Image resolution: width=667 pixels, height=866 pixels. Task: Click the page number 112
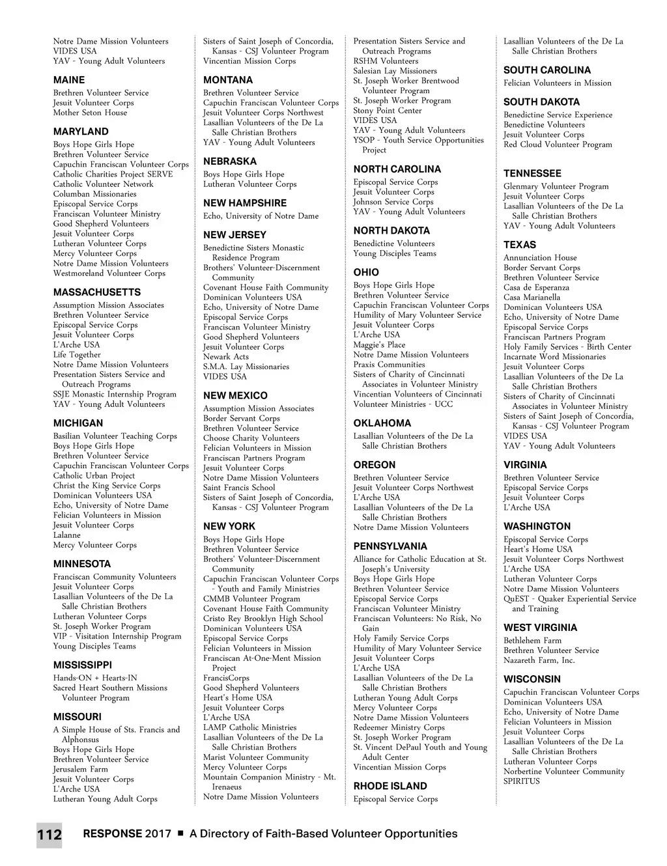(x=50, y=834)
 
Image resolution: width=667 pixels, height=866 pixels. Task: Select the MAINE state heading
(x=69, y=80)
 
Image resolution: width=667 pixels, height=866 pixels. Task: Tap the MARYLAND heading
(x=81, y=132)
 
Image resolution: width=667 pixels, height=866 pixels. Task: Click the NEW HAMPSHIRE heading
(x=245, y=203)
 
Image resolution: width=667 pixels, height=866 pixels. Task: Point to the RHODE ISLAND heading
(x=390, y=786)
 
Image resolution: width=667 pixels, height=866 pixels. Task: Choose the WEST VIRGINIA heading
(x=540, y=628)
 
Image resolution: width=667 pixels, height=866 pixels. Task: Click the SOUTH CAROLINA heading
(x=547, y=70)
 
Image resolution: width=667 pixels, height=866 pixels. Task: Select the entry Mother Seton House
(x=91, y=113)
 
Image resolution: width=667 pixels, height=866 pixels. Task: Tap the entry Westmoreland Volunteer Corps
(x=109, y=273)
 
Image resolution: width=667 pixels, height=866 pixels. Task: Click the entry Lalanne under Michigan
(x=67, y=535)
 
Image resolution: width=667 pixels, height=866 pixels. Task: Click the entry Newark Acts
(x=226, y=357)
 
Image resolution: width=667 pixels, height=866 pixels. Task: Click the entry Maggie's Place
(x=379, y=344)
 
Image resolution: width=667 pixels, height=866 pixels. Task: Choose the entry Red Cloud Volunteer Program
(x=558, y=145)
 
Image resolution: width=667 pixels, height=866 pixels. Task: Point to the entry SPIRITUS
(x=522, y=781)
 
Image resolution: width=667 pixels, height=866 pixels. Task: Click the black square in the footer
(x=180, y=833)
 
